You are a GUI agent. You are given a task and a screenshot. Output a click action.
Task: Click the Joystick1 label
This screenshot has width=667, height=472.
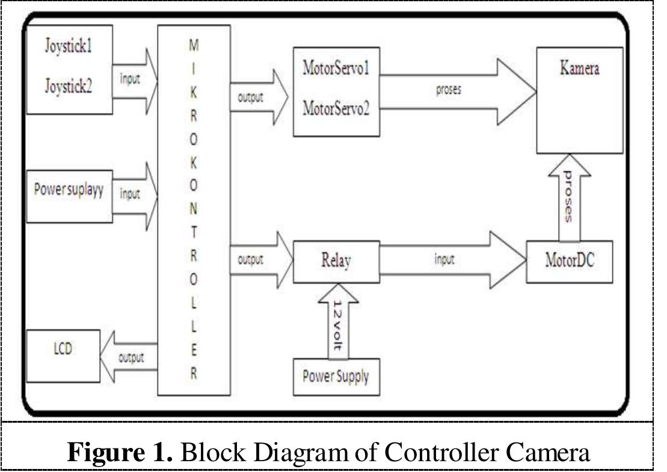pos(68,46)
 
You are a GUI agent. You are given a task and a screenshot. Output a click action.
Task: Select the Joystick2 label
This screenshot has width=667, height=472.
pos(68,87)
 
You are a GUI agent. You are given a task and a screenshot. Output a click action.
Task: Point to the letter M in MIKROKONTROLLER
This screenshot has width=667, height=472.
pos(192,45)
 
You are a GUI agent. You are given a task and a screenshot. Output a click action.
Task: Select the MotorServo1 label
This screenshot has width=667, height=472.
pos(336,68)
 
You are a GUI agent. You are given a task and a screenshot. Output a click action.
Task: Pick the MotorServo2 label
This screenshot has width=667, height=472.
pos(336,109)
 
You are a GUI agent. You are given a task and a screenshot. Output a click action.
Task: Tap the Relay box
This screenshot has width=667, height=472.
pos(336,262)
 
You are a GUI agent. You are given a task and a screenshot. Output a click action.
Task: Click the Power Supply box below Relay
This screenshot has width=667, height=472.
pos(336,377)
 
